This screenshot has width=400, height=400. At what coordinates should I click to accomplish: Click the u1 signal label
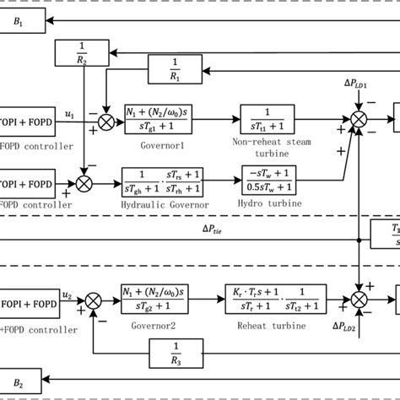pos(72,111)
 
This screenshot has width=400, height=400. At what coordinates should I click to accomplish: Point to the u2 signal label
pos(72,288)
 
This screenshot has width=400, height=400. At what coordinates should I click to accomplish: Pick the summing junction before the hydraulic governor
pos(84,181)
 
